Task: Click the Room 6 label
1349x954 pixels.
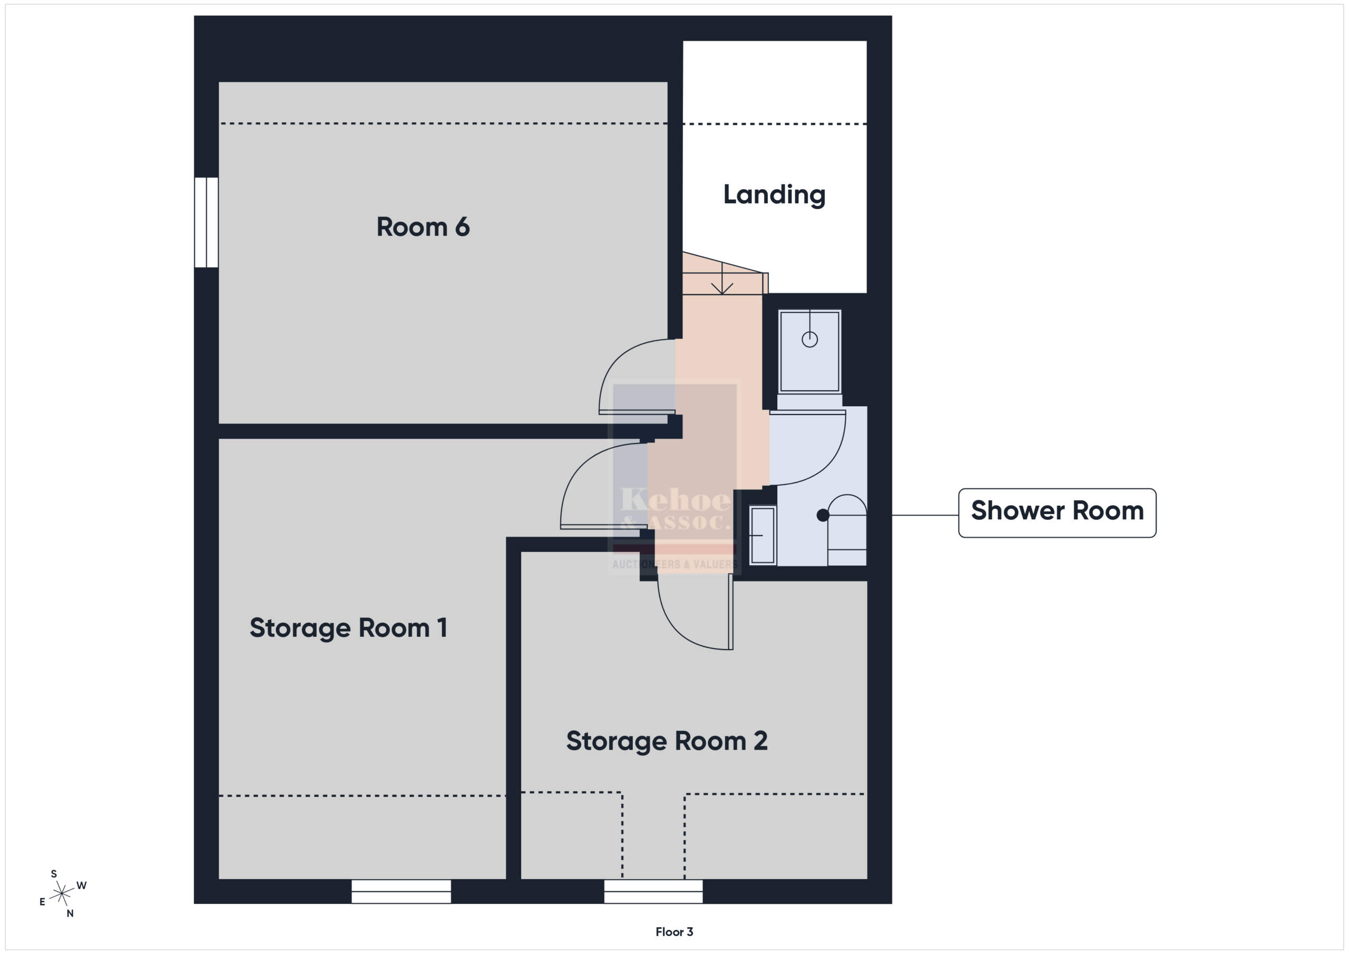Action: click(423, 227)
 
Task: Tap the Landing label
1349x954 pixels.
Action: click(775, 195)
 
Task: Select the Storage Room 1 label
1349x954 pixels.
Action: click(348, 628)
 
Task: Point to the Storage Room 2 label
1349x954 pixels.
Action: click(667, 741)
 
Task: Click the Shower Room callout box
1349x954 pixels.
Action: click(1057, 513)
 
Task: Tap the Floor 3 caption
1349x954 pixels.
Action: click(674, 932)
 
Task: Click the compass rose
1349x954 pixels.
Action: click(62, 893)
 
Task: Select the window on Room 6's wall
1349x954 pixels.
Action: click(206, 222)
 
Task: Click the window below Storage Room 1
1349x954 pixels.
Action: click(402, 891)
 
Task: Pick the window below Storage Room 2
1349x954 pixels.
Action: click(653, 891)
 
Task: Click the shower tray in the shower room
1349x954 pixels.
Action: click(809, 351)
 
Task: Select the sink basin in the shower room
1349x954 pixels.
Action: click(763, 535)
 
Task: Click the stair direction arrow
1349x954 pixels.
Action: click(722, 279)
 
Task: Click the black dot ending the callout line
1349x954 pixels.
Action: click(823, 515)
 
